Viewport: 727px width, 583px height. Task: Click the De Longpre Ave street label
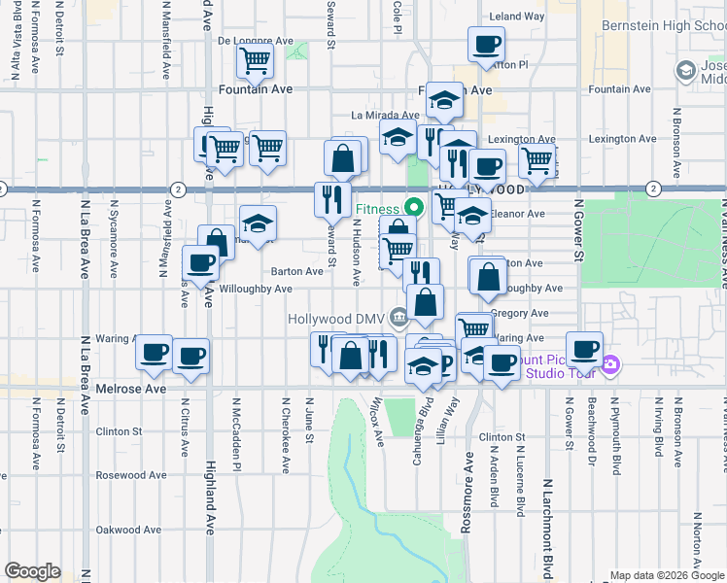point(255,41)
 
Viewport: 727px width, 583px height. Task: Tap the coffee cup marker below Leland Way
point(486,44)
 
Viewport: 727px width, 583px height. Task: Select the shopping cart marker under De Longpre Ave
point(255,63)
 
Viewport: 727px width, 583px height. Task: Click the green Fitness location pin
point(413,206)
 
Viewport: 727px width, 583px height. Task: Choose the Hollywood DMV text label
point(336,318)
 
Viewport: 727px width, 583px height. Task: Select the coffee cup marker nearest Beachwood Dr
point(584,349)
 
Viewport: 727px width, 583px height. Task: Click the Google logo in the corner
point(32,571)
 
